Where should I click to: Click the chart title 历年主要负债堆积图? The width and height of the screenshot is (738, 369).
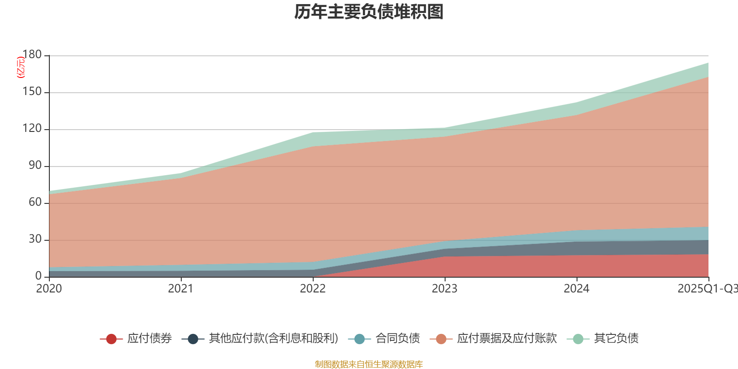point(369,12)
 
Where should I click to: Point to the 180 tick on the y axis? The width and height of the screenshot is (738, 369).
point(32,55)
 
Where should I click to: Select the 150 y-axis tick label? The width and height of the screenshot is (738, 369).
point(32,92)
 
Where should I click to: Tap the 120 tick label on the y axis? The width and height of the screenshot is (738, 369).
point(32,129)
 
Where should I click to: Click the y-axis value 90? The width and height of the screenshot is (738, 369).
point(35,166)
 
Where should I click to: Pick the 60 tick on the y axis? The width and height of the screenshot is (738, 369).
point(35,202)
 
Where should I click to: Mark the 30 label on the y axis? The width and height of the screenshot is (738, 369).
point(35,239)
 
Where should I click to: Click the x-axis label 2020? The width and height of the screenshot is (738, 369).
point(49,289)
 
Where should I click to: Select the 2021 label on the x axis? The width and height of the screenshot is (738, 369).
point(181,289)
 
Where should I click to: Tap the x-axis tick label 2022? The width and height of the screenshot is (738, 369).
point(313,289)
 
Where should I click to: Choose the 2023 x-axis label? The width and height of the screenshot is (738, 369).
point(445,289)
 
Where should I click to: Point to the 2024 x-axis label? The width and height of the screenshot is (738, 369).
point(577,289)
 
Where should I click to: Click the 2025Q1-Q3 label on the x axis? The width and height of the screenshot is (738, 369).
point(707,289)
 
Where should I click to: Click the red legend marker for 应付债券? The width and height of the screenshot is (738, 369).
point(111,339)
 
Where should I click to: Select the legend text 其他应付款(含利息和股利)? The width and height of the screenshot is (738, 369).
point(274,339)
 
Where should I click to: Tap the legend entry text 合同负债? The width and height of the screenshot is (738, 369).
point(398,339)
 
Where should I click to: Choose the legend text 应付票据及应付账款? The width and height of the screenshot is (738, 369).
point(507,339)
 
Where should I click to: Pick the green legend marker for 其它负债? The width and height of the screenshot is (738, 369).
point(578,339)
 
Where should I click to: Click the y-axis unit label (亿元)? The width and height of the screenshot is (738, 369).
point(21,67)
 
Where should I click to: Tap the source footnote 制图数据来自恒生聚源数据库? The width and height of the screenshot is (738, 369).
point(369,364)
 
